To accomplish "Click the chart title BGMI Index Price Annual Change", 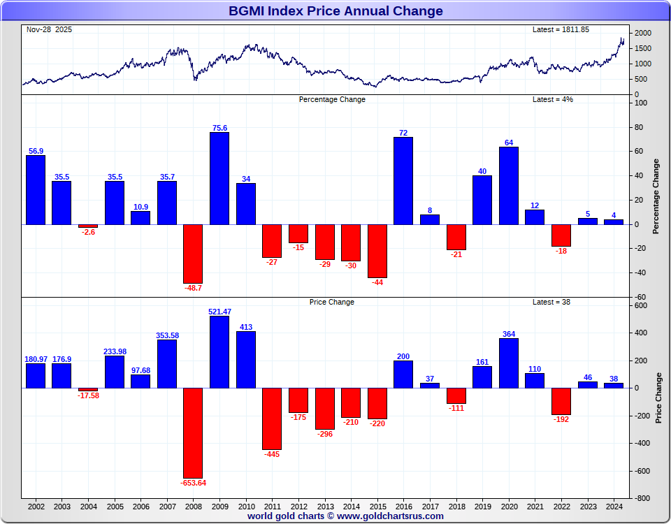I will click(335, 11).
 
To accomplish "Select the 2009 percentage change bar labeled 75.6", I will click(219, 178).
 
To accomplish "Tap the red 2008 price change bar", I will click(193, 432).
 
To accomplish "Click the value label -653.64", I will click(193, 483).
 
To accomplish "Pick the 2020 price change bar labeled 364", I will click(509, 363).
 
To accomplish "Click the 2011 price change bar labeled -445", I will click(272, 419).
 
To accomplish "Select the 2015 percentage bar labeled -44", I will click(377, 251).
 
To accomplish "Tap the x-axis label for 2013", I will click(325, 506).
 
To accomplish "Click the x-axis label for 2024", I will click(614, 506).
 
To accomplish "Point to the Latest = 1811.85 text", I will click(561, 30).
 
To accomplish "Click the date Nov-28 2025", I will click(49, 30).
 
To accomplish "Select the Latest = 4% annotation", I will click(553, 99).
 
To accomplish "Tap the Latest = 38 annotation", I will click(551, 302).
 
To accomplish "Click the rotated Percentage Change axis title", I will click(656, 196).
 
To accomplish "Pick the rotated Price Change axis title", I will click(658, 398).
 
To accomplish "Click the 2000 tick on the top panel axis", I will click(644, 34).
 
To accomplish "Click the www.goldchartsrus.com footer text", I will click(390, 516).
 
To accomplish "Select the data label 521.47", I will click(219, 312).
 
